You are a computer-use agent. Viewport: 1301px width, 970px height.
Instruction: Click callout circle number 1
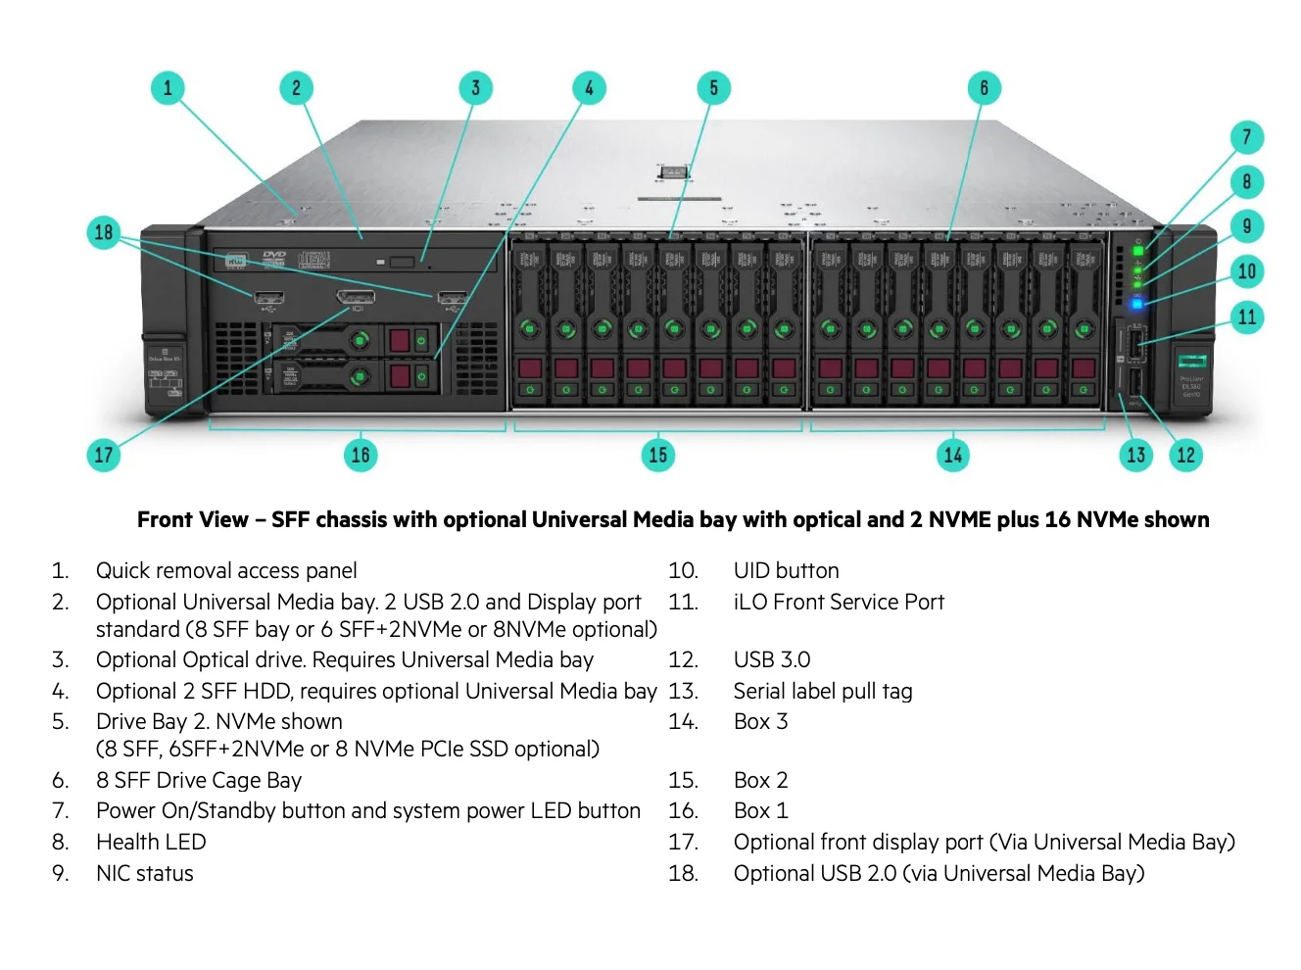[168, 88]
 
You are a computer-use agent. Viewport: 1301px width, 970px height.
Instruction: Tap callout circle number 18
[104, 233]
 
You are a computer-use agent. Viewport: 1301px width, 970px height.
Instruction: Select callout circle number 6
[984, 88]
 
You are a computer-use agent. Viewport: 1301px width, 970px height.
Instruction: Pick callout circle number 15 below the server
[657, 455]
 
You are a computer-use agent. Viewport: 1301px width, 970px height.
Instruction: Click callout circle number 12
[1185, 455]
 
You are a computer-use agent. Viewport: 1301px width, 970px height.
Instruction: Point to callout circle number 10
[1246, 271]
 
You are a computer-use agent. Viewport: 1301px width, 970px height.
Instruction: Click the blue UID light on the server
[1136, 304]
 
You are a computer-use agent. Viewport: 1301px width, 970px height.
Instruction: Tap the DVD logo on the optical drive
[274, 258]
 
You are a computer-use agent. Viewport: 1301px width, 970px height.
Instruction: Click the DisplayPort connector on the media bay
[355, 297]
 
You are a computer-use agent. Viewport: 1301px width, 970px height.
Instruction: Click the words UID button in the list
[786, 570]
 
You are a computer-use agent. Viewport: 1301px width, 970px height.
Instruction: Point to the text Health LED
[151, 842]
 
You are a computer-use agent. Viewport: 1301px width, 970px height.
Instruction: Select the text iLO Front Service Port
[839, 602]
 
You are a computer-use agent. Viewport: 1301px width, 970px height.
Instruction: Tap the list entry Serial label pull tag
[822, 691]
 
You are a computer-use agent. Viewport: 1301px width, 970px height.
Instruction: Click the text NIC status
[144, 873]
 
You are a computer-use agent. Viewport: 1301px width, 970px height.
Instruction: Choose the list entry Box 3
[760, 721]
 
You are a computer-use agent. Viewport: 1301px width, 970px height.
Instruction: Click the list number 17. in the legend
[683, 842]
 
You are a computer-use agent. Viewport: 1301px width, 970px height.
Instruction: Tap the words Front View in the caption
[192, 519]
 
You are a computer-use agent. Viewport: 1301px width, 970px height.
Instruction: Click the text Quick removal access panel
[226, 570]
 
